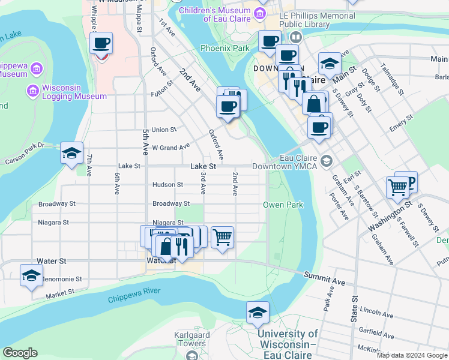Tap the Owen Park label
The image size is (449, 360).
[x=283, y=205]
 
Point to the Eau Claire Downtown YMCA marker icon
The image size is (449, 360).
[x=326, y=161]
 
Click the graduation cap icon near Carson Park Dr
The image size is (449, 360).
[x=71, y=153]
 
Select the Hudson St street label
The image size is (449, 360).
[x=163, y=185]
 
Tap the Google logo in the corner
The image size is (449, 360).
[x=20, y=353]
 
